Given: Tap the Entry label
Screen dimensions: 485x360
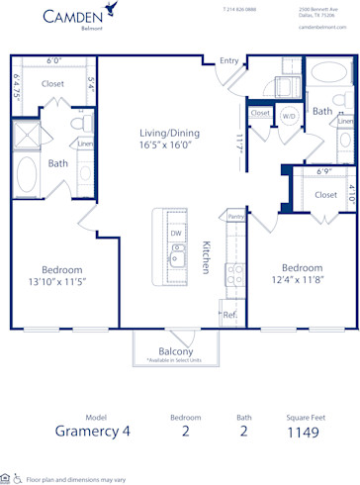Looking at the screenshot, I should click(229, 61).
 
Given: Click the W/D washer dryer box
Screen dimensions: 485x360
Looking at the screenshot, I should click(290, 115).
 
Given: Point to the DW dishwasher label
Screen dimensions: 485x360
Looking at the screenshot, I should click(175, 234).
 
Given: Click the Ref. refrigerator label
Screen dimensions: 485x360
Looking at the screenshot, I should click(229, 315).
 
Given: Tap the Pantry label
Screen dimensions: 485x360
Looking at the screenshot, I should click(235, 216).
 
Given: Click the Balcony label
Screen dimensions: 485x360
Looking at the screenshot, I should click(175, 350).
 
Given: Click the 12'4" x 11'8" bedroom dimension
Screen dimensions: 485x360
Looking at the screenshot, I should click(301, 281).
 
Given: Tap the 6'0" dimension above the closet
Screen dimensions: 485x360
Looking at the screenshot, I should click(53, 60).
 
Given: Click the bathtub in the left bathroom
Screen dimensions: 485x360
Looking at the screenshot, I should click(26, 174).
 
